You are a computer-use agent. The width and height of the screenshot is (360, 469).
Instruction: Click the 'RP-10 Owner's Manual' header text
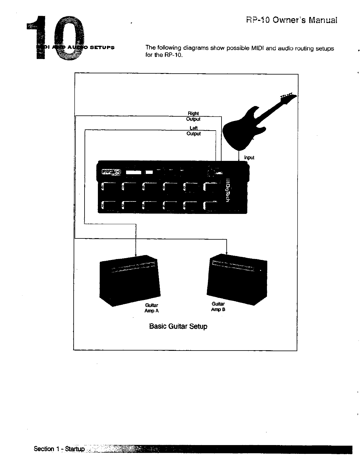tap(291, 20)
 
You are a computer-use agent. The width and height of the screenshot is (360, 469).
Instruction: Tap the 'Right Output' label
tap(193, 116)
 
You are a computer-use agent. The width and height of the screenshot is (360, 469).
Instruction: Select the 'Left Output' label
tap(193, 131)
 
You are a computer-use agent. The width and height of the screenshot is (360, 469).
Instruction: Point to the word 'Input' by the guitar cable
tap(249, 158)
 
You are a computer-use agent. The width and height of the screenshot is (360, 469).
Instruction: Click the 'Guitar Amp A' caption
tap(152, 308)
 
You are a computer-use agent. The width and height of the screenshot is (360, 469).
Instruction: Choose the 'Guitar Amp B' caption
tap(218, 307)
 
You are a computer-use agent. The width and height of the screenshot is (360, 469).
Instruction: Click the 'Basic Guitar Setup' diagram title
tap(178, 326)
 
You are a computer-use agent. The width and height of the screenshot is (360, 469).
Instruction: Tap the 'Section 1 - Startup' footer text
tap(59, 449)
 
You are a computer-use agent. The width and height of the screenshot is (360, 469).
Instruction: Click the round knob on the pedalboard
tap(211, 172)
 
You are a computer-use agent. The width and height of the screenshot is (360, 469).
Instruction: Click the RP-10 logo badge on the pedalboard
tap(111, 172)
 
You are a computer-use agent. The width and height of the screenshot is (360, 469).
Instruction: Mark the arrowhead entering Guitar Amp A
tap(135, 254)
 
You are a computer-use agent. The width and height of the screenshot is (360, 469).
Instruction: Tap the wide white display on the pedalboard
tap(133, 172)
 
